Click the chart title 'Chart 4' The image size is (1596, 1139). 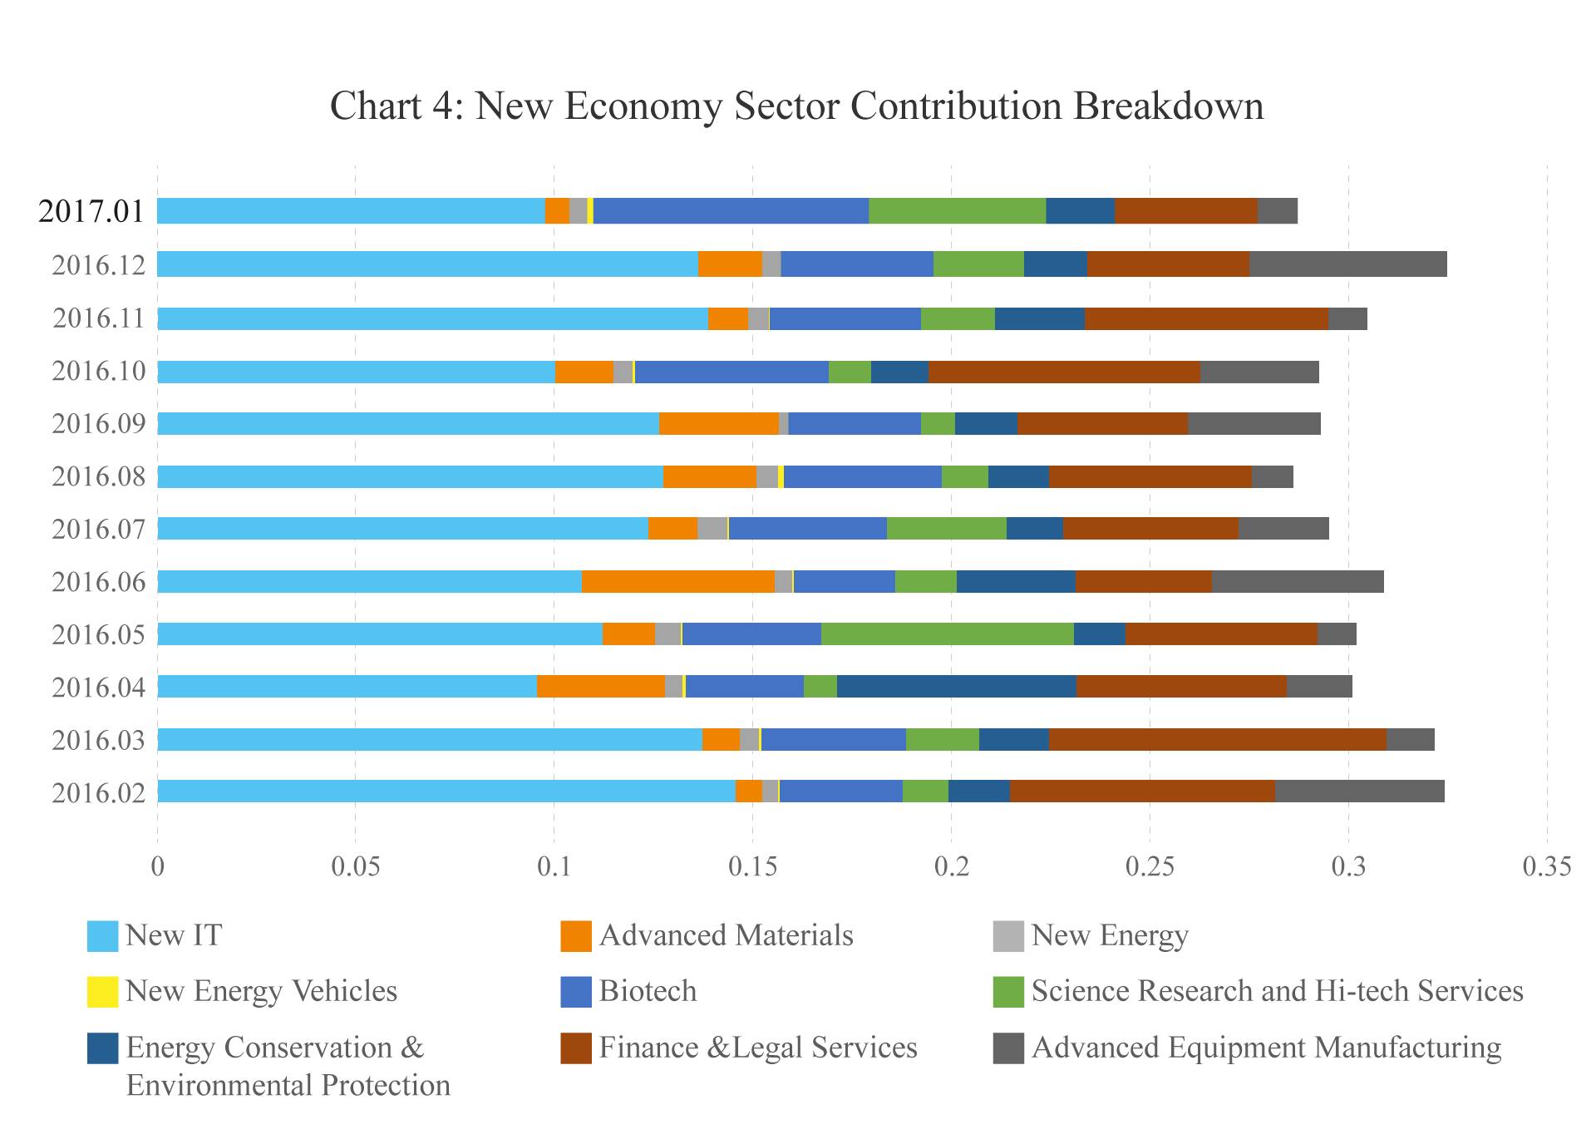[796, 106]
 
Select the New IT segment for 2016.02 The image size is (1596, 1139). [446, 791]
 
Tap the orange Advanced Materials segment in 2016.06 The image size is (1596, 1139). [678, 581]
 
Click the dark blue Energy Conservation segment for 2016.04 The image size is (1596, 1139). [956, 687]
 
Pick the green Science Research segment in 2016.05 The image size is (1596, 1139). [947, 634]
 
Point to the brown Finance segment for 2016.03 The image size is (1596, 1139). [1217, 739]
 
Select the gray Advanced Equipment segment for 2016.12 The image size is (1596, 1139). [1347, 264]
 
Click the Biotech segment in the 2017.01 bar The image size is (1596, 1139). [731, 211]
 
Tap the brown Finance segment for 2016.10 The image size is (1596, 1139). [1064, 372]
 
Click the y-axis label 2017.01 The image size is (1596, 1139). [91, 211]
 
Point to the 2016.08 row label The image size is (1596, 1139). [98, 476]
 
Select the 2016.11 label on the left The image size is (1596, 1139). [98, 318]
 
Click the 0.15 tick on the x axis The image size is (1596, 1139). [753, 867]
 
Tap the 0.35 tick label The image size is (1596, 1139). [1547, 867]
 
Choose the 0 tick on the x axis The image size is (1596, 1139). [157, 867]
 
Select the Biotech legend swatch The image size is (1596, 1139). [575, 991]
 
